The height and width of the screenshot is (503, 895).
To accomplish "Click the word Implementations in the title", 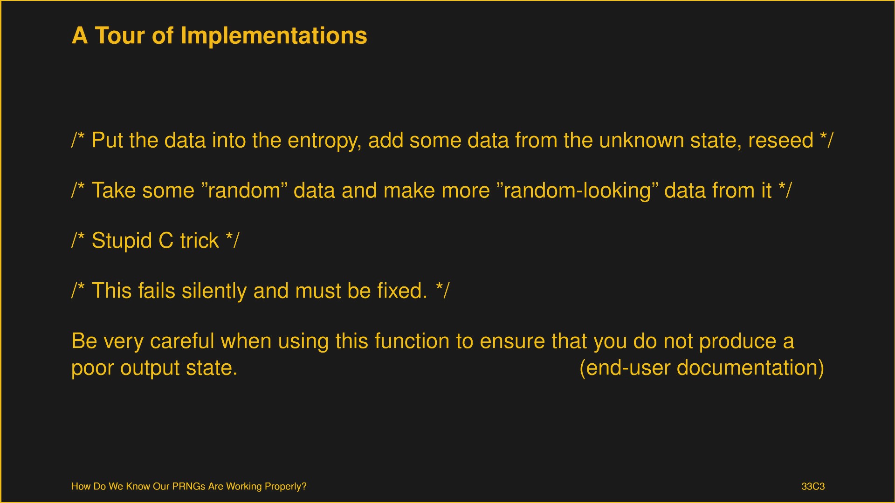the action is coord(274,36).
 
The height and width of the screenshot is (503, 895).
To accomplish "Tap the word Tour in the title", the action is coord(120,36).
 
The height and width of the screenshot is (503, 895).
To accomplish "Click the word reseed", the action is coord(781,141).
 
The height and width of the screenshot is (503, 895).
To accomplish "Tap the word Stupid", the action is coord(122,241).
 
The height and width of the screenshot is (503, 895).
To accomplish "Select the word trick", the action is coord(200,240).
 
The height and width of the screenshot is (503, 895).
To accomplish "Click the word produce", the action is coord(738,342).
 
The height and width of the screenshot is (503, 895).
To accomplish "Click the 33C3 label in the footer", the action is coord(813,486).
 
